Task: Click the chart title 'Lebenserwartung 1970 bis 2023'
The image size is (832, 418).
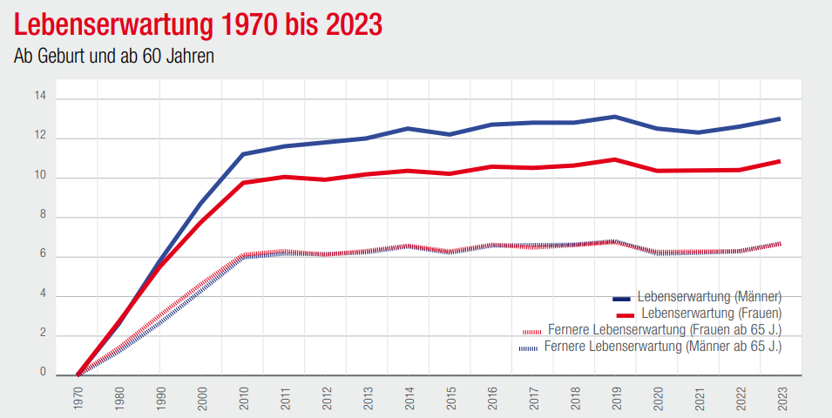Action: tap(199, 24)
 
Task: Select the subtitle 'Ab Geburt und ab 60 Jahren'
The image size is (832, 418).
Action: tap(114, 57)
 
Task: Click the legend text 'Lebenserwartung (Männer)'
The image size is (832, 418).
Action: tap(709, 296)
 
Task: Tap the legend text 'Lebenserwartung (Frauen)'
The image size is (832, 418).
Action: tap(710, 313)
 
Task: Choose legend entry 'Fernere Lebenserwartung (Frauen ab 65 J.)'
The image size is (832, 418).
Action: tap(665, 330)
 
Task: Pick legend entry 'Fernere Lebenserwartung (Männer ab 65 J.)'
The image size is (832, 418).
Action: tap(662, 347)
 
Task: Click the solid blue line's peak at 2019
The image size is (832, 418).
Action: tap(614, 117)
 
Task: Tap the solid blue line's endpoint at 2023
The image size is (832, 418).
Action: tap(779, 118)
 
